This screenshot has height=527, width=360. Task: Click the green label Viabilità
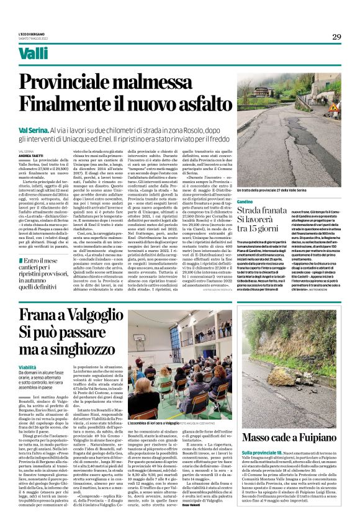coord(28,367)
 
